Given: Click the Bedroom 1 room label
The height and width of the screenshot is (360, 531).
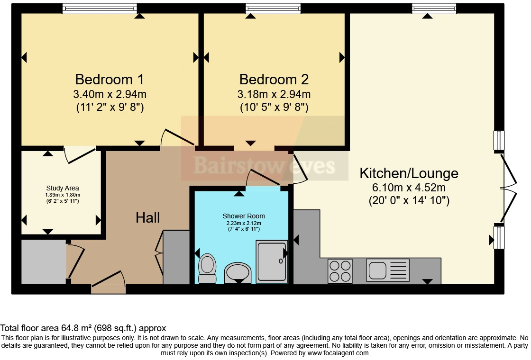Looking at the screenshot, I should pyautogui.click(x=110, y=79).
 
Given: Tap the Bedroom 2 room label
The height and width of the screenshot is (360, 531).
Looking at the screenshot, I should pyautogui.click(x=274, y=79).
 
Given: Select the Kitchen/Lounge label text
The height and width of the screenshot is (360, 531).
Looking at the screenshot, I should pyautogui.click(x=409, y=173).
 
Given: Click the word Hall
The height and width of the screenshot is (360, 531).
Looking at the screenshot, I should pyautogui.click(x=148, y=218).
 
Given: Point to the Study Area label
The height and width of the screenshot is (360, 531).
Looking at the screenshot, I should pyautogui.click(x=63, y=188).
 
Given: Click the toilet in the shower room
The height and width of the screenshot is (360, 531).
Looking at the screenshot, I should pyautogui.click(x=206, y=269).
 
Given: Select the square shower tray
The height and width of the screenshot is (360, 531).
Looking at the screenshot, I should pyautogui.click(x=272, y=261).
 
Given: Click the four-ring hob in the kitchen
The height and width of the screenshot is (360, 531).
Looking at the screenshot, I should pyautogui.click(x=340, y=271).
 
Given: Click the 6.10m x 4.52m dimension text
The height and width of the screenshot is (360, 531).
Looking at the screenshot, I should pyautogui.click(x=409, y=188).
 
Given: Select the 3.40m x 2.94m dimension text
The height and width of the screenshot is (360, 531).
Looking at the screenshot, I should pyautogui.click(x=110, y=94).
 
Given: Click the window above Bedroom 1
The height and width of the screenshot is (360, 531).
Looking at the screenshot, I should pyautogui.click(x=100, y=9).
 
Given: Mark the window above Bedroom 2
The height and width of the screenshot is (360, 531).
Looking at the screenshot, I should pyautogui.click(x=273, y=9).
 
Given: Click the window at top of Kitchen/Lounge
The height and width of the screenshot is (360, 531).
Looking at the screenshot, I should pyautogui.click(x=434, y=9).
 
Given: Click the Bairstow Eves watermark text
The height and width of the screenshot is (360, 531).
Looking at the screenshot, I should pyautogui.click(x=264, y=166).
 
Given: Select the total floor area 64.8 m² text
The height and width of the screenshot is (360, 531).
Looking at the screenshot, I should pyautogui.click(x=83, y=328).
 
